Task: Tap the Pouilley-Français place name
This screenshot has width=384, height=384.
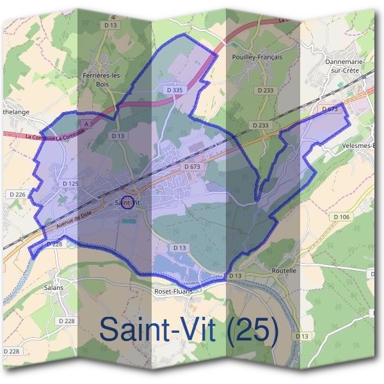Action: [255, 57]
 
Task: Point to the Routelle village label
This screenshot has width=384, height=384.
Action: [284, 271]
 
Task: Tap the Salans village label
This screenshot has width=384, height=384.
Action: [54, 288]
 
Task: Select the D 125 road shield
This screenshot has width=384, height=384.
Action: [70, 184]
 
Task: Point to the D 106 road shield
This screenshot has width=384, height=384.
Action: [342, 217]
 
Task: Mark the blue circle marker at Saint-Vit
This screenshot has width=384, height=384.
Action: [127, 203]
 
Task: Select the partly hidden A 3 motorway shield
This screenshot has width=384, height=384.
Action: [88, 122]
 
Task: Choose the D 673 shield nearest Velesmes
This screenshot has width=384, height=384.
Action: [329, 109]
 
